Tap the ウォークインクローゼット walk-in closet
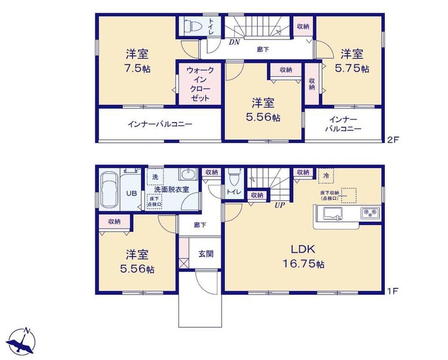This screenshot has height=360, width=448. [x=200, y=84]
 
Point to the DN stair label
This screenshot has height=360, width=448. [x=234, y=43]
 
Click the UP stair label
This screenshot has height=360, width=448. [x=280, y=205]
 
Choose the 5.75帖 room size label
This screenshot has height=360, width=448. [x=352, y=69]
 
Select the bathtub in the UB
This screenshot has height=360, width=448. [x=110, y=190]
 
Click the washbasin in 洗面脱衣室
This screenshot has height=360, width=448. [x=188, y=174]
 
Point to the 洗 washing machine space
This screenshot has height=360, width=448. [x=155, y=177]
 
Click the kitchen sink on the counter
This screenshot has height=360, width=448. [x=333, y=213]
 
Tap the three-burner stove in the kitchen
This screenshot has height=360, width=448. [x=370, y=213]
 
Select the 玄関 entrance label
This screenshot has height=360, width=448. [x=206, y=254]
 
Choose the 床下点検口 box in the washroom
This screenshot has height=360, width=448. [x=154, y=201]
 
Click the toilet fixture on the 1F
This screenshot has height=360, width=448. [x=235, y=177]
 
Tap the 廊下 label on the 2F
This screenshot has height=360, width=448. [x=263, y=49]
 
